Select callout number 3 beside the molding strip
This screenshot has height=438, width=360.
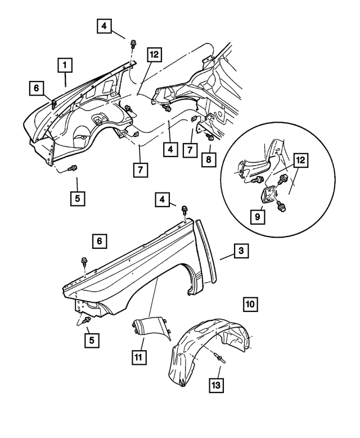point(240,251)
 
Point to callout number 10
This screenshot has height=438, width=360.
point(250,305)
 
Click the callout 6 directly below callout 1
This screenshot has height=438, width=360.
point(37,88)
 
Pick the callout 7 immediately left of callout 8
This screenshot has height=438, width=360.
point(193,150)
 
